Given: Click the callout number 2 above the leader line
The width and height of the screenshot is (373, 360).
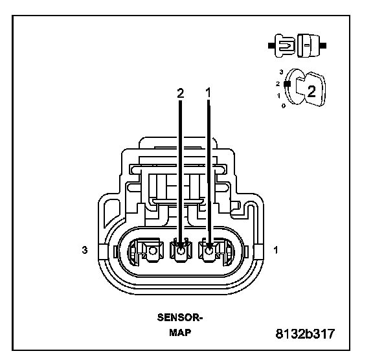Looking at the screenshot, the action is [x=181, y=93].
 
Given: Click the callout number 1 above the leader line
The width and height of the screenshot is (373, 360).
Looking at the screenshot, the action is [x=209, y=93].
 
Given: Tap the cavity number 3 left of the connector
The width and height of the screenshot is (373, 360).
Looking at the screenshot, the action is [x=85, y=250].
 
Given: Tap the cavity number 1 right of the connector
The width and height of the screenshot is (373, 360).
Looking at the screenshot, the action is [x=276, y=250].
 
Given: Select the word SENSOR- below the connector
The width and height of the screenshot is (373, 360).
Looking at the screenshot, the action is [x=180, y=317].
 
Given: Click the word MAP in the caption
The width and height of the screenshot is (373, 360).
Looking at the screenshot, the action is [x=180, y=332].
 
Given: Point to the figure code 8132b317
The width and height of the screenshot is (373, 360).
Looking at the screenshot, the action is [x=305, y=333].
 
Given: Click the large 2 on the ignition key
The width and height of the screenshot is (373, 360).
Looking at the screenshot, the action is [x=311, y=91].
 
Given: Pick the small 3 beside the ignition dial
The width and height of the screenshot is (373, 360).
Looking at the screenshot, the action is [x=282, y=72].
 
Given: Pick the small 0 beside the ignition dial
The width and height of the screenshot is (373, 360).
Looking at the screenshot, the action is [x=284, y=106].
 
